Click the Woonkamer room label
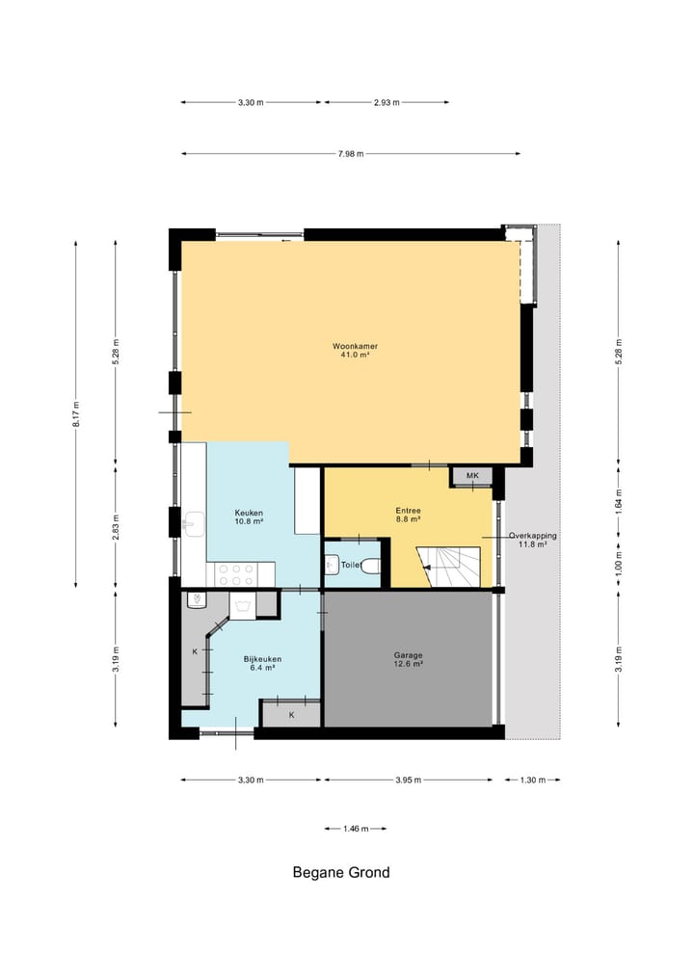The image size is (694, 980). pos(355,346)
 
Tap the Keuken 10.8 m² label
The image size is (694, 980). pos(249,516)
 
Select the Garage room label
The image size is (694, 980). pos(408,655)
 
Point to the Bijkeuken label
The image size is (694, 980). pos(262,659)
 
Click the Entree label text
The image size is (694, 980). pos(408,511)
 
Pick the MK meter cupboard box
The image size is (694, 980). pos(472,476)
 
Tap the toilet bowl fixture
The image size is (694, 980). pos(371,566)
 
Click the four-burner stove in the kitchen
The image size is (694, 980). pos(236,575)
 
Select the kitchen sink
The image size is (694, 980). pos(194,524)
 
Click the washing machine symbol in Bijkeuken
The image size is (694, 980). pos(242,605)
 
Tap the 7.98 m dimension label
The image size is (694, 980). pos(351,154)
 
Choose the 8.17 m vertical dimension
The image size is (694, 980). pos(76,413)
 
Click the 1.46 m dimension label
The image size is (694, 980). pos(356,829)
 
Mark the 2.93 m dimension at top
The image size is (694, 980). pos(387,102)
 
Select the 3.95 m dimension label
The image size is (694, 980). pos(409,780)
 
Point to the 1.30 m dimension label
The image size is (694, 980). pos(533,780)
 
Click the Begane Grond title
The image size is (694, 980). pos(341,872)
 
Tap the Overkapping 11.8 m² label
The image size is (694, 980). pos(533,540)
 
